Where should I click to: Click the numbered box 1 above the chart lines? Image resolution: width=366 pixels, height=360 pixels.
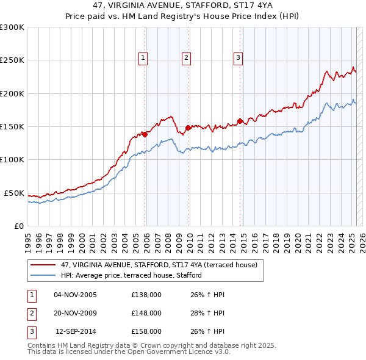tap(143, 59)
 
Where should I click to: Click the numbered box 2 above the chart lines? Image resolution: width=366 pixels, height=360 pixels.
tap(185, 59)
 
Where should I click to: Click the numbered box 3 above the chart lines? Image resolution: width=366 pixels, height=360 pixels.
tap(237, 59)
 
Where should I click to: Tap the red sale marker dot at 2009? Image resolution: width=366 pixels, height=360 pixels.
tap(188, 128)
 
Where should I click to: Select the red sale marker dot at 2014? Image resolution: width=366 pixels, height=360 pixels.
tap(240, 121)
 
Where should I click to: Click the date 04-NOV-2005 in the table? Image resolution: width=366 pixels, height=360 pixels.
tap(75, 295)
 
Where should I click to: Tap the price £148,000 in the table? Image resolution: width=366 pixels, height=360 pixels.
tap(146, 314)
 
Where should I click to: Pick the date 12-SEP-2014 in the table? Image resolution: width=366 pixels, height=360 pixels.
tap(76, 333)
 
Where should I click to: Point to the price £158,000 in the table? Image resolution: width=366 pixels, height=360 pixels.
tap(146, 333)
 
